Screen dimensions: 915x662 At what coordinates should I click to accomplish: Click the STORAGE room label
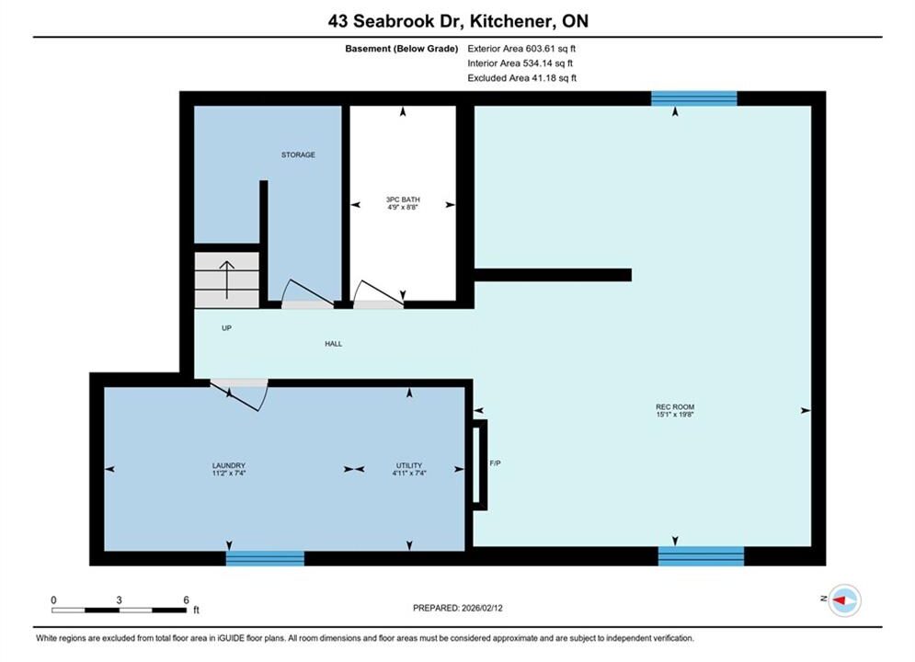point(298,154)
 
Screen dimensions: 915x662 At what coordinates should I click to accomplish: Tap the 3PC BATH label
point(403,200)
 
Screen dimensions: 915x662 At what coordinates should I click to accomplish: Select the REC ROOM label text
point(675,407)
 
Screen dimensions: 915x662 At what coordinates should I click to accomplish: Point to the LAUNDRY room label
point(229,465)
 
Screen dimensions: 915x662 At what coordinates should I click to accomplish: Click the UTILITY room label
point(409,465)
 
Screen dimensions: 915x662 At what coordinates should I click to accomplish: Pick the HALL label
point(333,344)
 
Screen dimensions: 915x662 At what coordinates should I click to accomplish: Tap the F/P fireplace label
point(495,463)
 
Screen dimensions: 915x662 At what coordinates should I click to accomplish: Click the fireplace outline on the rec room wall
point(479,465)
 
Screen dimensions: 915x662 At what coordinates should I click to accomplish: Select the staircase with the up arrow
point(226,280)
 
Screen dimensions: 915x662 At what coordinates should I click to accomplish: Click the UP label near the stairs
point(226,328)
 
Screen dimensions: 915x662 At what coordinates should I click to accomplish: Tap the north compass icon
point(844,599)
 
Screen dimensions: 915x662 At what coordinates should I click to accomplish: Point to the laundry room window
point(265,558)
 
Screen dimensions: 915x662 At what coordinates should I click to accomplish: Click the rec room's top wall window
point(693,98)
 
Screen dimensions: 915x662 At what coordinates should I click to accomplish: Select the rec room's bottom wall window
point(701,556)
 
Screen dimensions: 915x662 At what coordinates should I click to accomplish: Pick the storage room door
point(307,294)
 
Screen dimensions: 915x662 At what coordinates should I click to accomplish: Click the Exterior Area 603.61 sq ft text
point(521,49)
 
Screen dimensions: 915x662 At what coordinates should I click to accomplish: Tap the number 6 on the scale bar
point(186,599)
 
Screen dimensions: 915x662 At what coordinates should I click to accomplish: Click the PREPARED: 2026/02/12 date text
point(458,608)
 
